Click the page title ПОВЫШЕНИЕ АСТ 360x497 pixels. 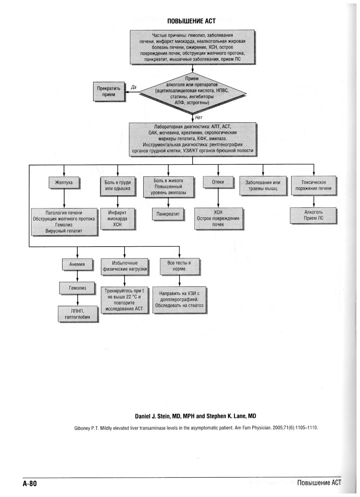point(191,21)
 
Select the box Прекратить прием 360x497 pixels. point(109,91)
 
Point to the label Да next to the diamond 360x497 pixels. point(133,87)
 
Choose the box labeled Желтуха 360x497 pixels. point(64,182)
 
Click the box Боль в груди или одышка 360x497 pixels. point(118,185)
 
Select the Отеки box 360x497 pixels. point(218,182)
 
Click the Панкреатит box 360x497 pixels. point(168,214)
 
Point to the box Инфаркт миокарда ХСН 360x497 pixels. point(118,218)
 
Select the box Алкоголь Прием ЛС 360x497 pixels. point(313,215)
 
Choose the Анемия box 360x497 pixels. point(77,264)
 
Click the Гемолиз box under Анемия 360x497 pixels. point(77,288)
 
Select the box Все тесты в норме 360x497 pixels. point(179,266)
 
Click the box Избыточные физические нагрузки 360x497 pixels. point(125,266)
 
